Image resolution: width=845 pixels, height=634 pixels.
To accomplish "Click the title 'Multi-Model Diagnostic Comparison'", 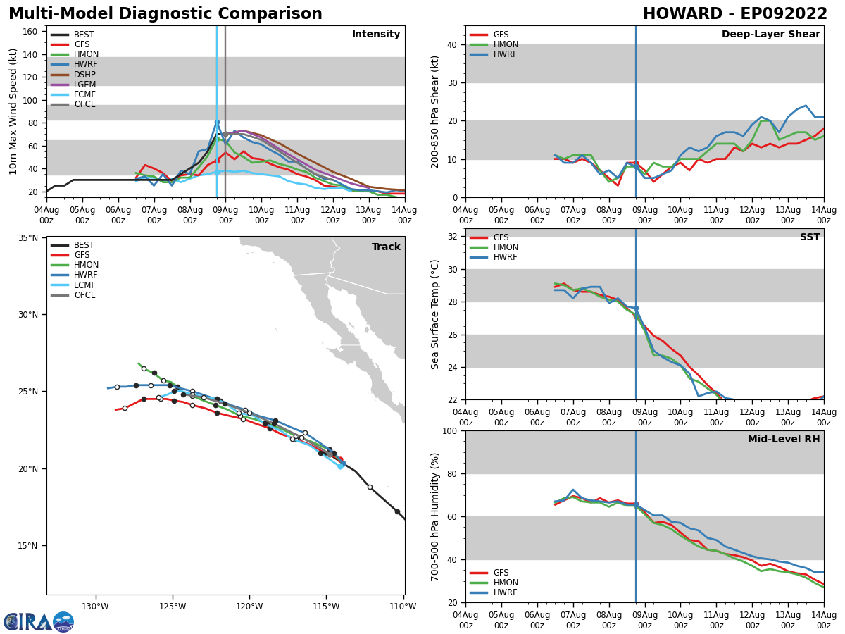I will point(165,14).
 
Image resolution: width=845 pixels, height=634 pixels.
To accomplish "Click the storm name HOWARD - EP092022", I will point(734,14).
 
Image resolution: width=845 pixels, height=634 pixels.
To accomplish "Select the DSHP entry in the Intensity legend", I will point(84,75).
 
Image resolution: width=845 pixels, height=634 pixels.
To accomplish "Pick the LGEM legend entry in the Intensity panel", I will point(84,85).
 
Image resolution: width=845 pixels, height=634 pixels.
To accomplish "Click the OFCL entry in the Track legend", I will point(84,295).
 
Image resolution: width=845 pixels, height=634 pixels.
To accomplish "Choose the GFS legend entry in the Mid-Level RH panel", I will point(501,573).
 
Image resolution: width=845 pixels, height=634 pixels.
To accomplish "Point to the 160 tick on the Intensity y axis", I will point(30,32).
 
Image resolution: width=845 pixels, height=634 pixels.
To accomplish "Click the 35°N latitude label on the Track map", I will point(27,238).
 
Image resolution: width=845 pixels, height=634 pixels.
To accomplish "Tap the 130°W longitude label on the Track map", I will point(95,606).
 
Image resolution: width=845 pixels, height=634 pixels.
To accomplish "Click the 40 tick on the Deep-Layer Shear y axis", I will point(451,44).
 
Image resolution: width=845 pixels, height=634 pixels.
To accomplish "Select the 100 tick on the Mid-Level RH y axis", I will point(448,430).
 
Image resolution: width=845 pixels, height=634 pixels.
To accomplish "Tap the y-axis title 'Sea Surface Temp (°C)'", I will point(435,314).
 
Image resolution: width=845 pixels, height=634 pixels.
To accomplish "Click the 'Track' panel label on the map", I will point(386,247).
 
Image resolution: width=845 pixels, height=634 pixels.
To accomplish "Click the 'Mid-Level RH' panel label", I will point(784,440).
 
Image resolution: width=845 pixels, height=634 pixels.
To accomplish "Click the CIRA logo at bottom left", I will point(39,622).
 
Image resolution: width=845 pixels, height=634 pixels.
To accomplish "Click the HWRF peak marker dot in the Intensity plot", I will point(217,123).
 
